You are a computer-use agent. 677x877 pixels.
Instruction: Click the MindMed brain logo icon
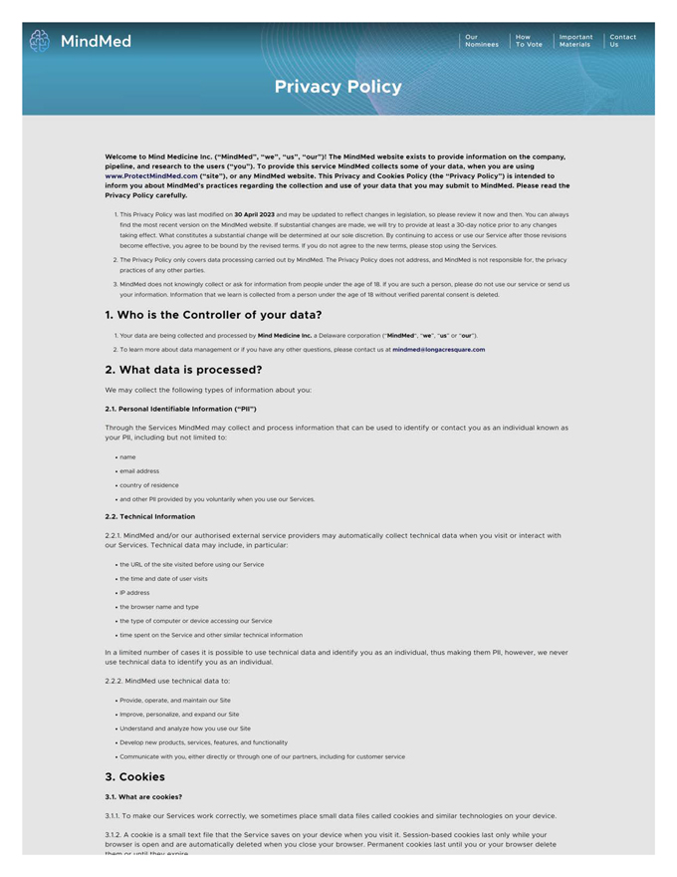pyautogui.click(x=40, y=41)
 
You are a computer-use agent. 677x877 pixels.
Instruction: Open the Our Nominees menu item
pyautogui.click(x=481, y=41)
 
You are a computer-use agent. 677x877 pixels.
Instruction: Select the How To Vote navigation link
pyautogui.click(x=529, y=41)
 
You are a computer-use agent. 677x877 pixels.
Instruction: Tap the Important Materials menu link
pyautogui.click(x=575, y=41)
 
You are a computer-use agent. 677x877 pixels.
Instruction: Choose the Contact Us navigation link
pyautogui.click(x=622, y=41)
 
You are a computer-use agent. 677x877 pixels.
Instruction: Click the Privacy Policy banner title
pyautogui.click(x=338, y=87)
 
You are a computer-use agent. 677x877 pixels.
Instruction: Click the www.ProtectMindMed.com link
pyautogui.click(x=151, y=175)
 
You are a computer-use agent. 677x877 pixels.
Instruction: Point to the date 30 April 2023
pyautogui.click(x=254, y=214)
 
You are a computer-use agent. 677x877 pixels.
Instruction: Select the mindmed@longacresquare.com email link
pyautogui.click(x=438, y=350)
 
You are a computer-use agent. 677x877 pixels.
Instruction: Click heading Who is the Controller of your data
pyautogui.click(x=213, y=315)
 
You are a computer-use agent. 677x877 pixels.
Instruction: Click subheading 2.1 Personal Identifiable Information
pyautogui.click(x=180, y=409)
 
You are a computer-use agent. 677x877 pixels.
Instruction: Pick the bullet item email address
pyautogui.click(x=139, y=471)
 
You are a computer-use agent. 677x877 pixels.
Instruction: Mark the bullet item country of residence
pyautogui.click(x=149, y=485)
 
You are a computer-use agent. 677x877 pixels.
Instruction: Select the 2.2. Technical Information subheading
pyautogui.click(x=149, y=516)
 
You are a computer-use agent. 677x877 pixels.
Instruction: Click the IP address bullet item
pyautogui.click(x=134, y=593)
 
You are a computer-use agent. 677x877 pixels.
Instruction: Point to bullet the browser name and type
pyautogui.click(x=159, y=607)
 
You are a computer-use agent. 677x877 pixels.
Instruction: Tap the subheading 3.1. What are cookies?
pyautogui.click(x=143, y=797)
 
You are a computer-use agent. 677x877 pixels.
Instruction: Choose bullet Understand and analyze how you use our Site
pyautogui.click(x=185, y=729)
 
